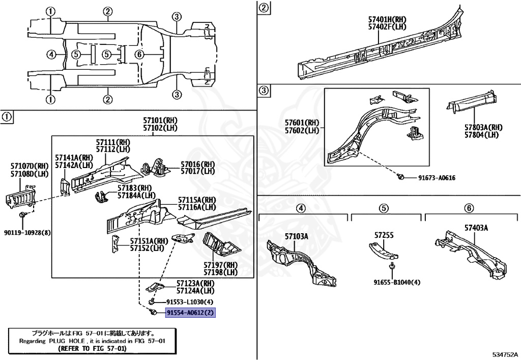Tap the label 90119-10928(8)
point(32,233)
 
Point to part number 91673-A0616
point(437,178)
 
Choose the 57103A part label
point(296,236)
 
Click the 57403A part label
point(476,228)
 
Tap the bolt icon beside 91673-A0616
point(401,177)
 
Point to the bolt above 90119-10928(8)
point(23,215)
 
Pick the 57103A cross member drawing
point(300,261)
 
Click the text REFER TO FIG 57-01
point(92,349)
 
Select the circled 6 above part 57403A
point(469,207)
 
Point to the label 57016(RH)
point(198,164)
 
